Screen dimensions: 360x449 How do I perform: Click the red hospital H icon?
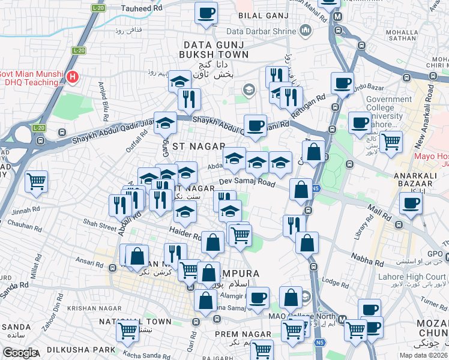(73, 77)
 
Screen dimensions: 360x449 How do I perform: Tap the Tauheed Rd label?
(142, 8)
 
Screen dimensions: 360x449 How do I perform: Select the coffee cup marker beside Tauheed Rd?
(206, 12)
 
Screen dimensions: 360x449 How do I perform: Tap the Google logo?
(20, 352)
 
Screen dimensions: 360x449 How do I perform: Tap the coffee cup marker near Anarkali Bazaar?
(411, 204)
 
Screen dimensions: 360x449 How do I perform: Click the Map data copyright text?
(423, 354)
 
